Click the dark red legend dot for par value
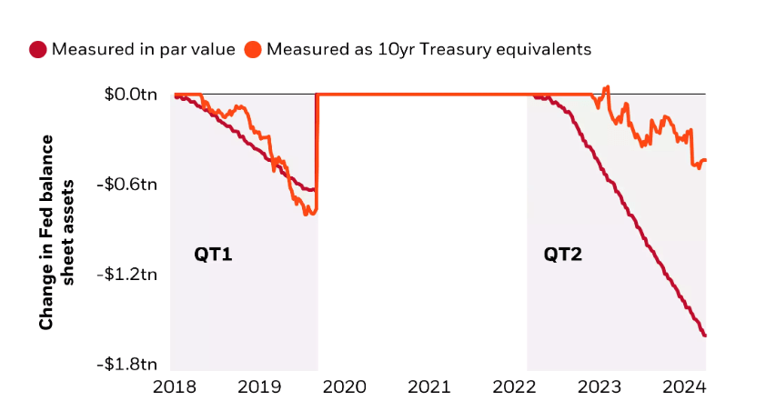point(38,49)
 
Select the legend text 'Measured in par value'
point(143,49)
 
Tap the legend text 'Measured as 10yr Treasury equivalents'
point(428,49)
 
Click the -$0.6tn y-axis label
point(128,184)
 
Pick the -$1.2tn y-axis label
point(128,274)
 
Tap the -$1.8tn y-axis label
point(128,364)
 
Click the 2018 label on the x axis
point(170,386)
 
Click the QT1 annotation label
point(213,255)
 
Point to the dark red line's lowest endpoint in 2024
point(705,336)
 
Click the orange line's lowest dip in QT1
point(307,214)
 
